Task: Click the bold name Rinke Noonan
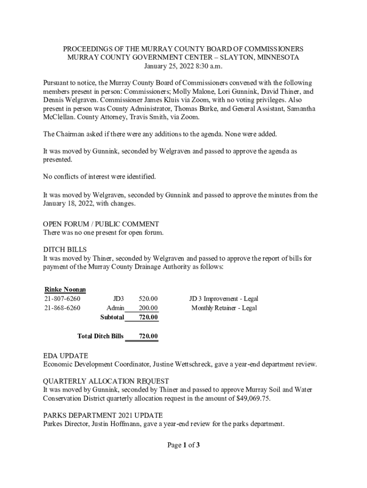tap(65, 289)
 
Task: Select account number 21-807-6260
tap(62, 299)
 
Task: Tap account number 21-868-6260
tap(62, 308)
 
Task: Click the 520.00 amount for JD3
tap(148, 299)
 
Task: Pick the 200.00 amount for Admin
tap(148, 308)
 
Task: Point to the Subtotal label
tap(112, 317)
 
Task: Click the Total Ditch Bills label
tap(100, 336)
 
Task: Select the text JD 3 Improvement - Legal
tap(224, 299)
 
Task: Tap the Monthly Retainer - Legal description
tap(224, 308)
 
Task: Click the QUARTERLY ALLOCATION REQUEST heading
tap(106, 381)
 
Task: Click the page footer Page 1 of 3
tap(183, 445)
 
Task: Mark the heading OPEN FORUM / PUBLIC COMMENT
tap(101, 224)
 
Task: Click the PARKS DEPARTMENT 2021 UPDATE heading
tap(103, 415)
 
